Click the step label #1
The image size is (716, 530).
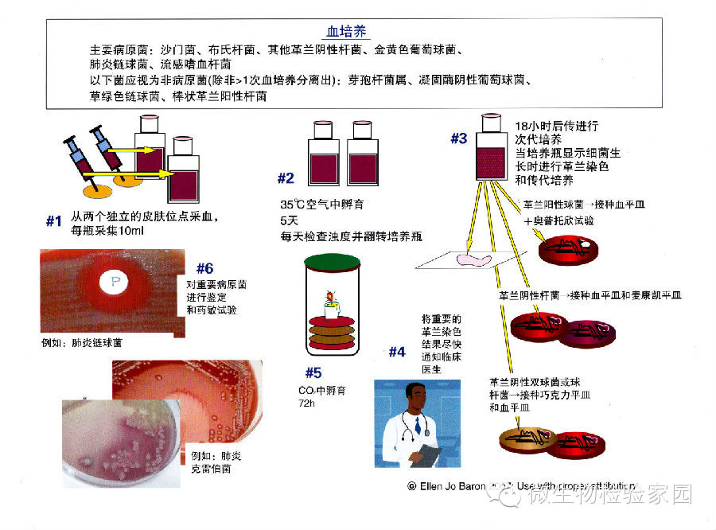click(x=54, y=222)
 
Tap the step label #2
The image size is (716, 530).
click(x=286, y=178)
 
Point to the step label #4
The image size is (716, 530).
click(x=397, y=352)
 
